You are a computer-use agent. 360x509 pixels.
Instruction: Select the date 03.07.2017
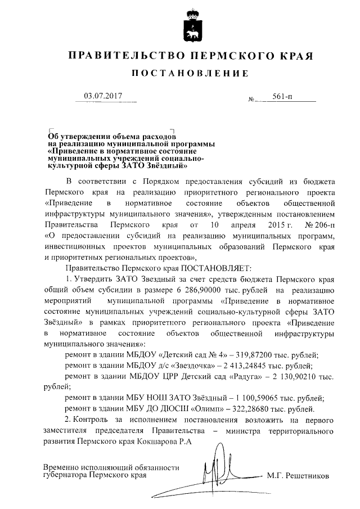point(103,96)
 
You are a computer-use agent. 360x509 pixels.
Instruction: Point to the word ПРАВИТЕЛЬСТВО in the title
point(125,56)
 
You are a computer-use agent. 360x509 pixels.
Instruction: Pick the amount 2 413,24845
point(263,365)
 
